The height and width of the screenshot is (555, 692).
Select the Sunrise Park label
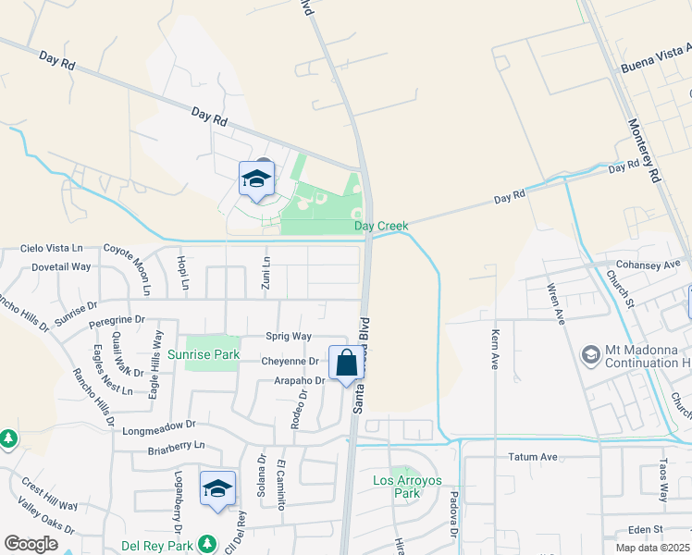[x=204, y=354]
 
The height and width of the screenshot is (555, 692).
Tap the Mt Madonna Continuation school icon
[x=590, y=354]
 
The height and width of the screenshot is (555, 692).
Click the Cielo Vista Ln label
[x=51, y=250]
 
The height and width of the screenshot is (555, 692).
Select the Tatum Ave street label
[x=533, y=457]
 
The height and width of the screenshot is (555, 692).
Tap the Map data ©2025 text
[x=652, y=548]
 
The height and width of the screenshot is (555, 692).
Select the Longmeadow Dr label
[x=166, y=426]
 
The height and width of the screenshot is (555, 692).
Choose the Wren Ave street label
[x=558, y=303]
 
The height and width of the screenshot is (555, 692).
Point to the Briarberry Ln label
[x=176, y=446]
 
